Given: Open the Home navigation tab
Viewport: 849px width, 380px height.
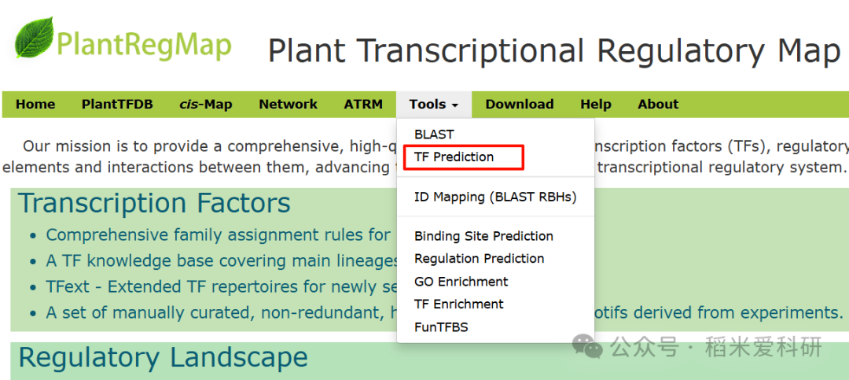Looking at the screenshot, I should pyautogui.click(x=35, y=104).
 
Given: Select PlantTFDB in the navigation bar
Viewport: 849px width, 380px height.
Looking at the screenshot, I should pyautogui.click(x=117, y=104).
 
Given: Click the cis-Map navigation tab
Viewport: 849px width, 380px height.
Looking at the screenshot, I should pyautogui.click(x=206, y=104).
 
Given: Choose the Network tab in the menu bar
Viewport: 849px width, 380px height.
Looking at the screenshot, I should pyautogui.click(x=289, y=104).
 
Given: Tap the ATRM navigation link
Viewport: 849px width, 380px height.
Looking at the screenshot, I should pyautogui.click(x=363, y=104).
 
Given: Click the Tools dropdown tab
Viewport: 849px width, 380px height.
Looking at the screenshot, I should pyautogui.click(x=433, y=104).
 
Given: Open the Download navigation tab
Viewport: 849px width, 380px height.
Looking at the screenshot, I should pyautogui.click(x=519, y=104).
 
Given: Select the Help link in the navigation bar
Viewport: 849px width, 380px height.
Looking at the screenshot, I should pyautogui.click(x=596, y=104).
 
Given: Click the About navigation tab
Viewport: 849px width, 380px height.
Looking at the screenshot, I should pyautogui.click(x=658, y=104).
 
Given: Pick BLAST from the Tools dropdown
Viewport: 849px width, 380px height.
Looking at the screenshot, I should pyautogui.click(x=434, y=134).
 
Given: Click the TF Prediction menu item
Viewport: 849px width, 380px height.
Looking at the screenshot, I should pyautogui.click(x=454, y=157).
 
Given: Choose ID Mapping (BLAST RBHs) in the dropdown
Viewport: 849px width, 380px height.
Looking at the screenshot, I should pyautogui.click(x=495, y=197).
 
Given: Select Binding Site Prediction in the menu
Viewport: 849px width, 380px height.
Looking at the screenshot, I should pyautogui.click(x=483, y=236).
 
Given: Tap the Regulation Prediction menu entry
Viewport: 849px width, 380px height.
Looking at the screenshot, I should pyautogui.click(x=479, y=258).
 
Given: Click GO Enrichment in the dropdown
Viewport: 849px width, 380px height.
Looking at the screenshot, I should pyautogui.click(x=461, y=281).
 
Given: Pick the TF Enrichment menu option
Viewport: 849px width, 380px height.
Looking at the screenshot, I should pyautogui.click(x=459, y=304).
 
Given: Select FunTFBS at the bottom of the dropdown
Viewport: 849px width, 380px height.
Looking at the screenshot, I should pyautogui.click(x=441, y=327).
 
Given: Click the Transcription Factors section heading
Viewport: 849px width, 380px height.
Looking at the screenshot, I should pyautogui.click(x=154, y=203).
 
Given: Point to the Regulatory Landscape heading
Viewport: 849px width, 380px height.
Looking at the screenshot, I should pyautogui.click(x=163, y=357).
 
